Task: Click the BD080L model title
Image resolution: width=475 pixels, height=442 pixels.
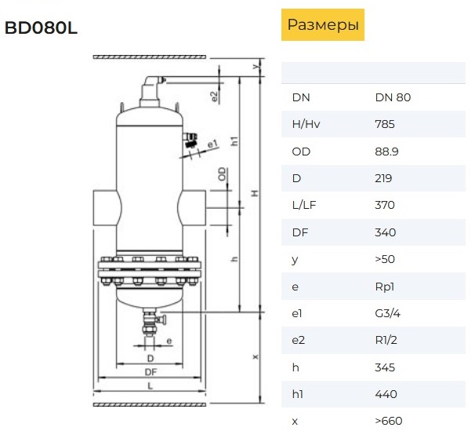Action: coord(41,28)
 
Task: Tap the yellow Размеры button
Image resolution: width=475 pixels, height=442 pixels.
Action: coord(323,24)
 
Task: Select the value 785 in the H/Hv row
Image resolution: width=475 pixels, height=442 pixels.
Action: coord(385,124)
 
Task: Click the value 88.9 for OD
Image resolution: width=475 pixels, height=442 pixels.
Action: coord(386,152)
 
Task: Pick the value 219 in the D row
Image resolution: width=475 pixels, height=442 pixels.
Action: coord(383,178)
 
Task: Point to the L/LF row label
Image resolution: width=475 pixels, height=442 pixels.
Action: coord(304,205)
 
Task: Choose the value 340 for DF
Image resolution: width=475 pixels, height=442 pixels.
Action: coord(386,232)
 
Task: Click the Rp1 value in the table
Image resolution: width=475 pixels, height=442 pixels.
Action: coord(384,287)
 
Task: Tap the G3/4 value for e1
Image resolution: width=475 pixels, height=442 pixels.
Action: coord(387,313)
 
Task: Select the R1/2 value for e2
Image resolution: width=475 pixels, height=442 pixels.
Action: coord(386,340)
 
